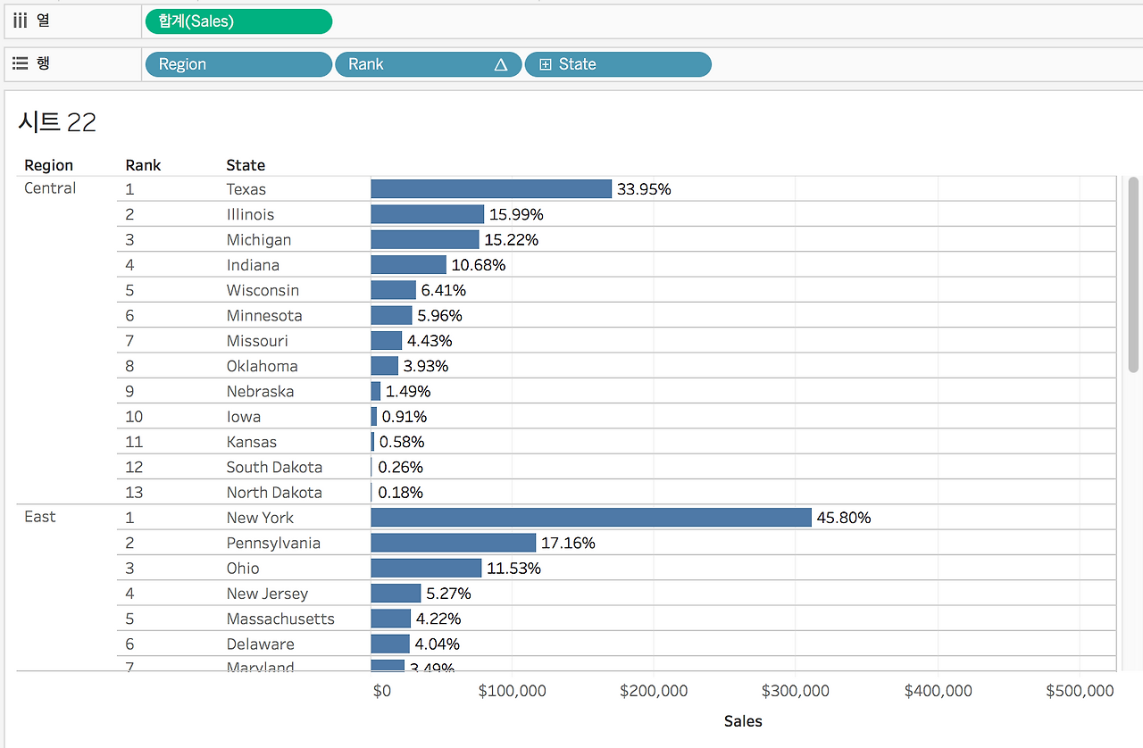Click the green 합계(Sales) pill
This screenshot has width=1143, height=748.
(x=238, y=21)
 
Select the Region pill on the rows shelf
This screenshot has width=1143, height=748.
(x=238, y=64)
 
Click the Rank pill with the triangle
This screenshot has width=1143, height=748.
(x=428, y=64)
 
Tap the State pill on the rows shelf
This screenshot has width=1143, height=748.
(x=618, y=64)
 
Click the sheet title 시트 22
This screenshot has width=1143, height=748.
(x=57, y=122)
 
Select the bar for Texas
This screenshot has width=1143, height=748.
(x=491, y=189)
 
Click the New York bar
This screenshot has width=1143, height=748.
(x=591, y=518)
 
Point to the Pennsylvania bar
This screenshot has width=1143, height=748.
(x=453, y=543)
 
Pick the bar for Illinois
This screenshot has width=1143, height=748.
(x=427, y=214)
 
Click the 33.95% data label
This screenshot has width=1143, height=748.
(x=644, y=189)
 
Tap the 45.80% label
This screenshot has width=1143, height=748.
(x=844, y=518)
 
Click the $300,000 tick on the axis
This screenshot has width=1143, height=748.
(x=795, y=691)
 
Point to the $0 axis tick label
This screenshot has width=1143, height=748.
(x=382, y=691)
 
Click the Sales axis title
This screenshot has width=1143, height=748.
(x=743, y=721)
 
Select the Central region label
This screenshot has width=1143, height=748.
(x=50, y=188)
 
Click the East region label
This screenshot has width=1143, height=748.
(x=40, y=517)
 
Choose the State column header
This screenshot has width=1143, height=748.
(x=246, y=165)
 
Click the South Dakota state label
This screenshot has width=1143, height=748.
(x=274, y=467)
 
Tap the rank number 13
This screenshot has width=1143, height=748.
(x=134, y=493)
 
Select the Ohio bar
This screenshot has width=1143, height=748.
(x=426, y=569)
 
